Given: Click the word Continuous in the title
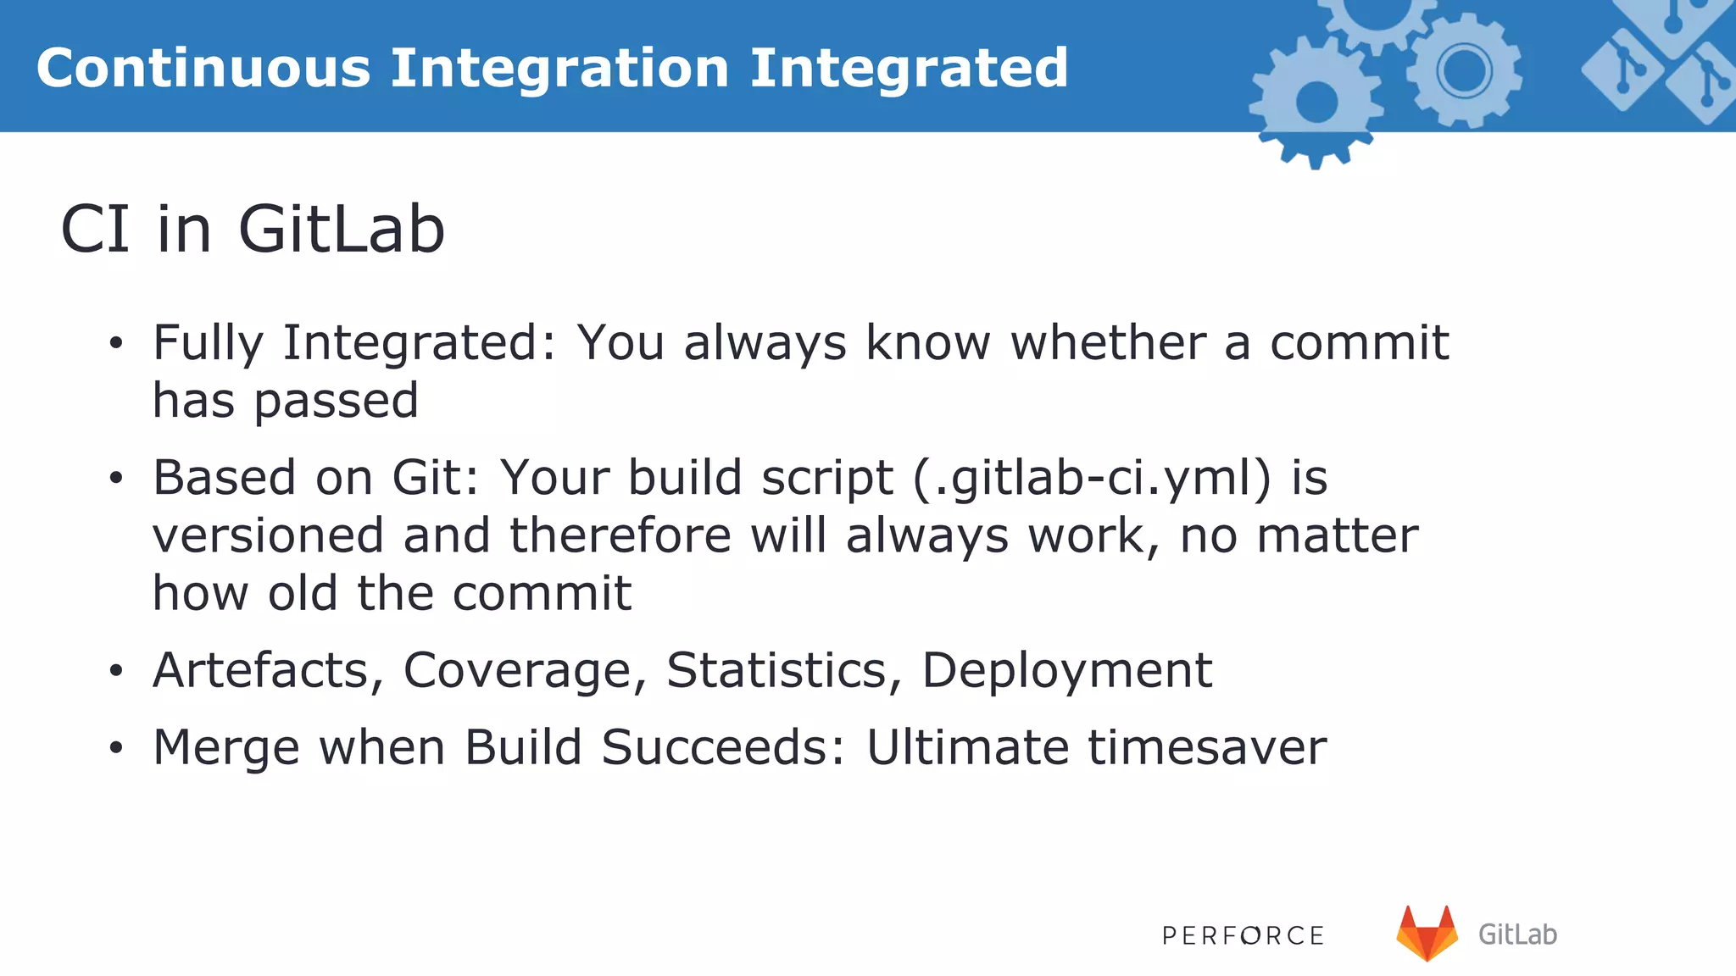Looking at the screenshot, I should pyautogui.click(x=203, y=68).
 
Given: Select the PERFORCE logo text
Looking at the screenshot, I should pyautogui.click(x=1243, y=935).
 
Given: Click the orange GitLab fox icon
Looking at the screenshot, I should pyautogui.click(x=1427, y=934).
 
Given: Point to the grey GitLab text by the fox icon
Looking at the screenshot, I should pyautogui.click(x=1517, y=934).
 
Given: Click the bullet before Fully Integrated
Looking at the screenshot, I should pyautogui.click(x=116, y=344).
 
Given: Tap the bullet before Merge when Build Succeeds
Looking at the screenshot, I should pyautogui.click(x=116, y=748).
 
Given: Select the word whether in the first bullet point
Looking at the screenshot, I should pyautogui.click(x=1108, y=342).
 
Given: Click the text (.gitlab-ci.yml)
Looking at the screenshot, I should pyautogui.click(x=1092, y=478).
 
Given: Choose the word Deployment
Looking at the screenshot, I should pyautogui.click(x=1066, y=670).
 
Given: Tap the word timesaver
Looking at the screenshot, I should pyautogui.click(x=1207, y=747).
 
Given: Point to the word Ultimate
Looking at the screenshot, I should pyautogui.click(x=967, y=747).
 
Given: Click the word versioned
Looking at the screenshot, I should pyautogui.click(x=268, y=536).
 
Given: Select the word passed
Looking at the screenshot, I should pyautogui.click(x=337, y=401).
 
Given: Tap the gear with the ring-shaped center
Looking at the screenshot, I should pyautogui.click(x=1464, y=69).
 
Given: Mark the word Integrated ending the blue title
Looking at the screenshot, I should pyautogui.click(x=909, y=68).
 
